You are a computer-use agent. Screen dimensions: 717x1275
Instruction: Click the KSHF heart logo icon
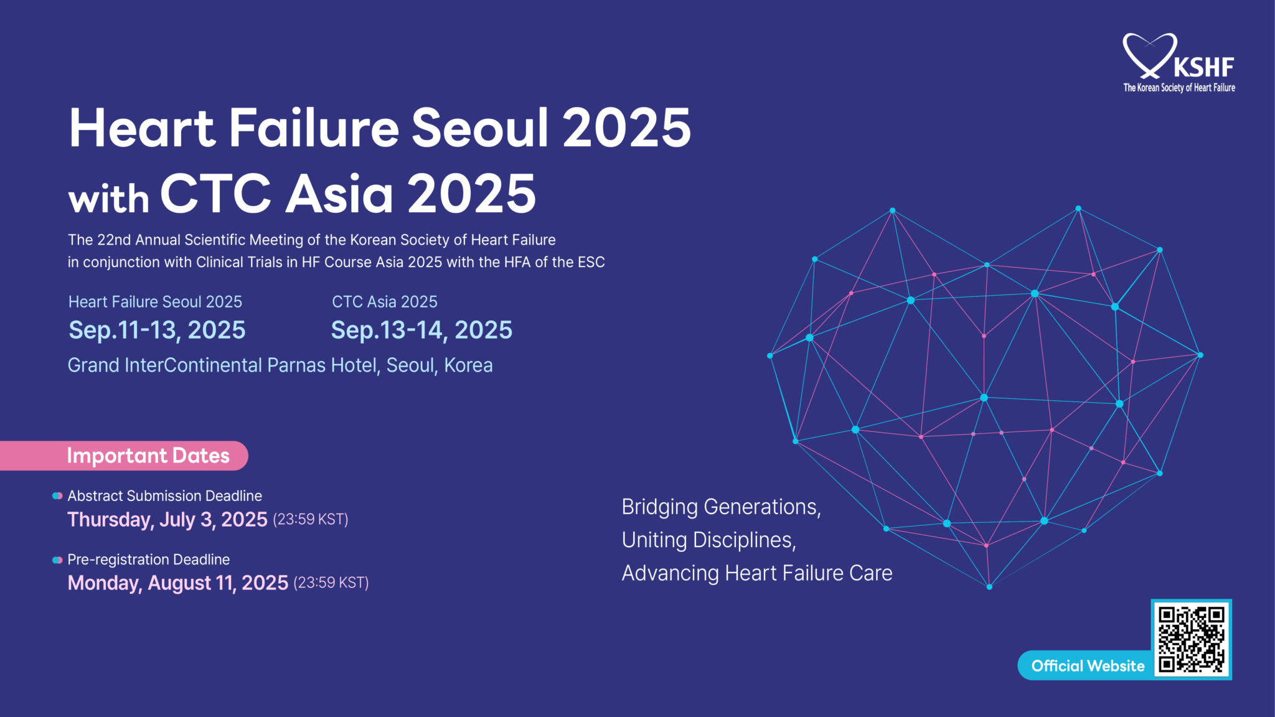(1149, 55)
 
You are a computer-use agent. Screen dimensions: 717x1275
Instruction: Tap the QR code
(1191, 640)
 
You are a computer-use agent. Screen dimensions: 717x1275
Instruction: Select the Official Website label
(1088, 666)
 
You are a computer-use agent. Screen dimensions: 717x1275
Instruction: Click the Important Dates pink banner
(148, 456)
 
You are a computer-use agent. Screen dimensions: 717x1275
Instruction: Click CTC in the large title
(215, 194)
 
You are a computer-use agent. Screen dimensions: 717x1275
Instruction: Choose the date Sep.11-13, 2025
(157, 330)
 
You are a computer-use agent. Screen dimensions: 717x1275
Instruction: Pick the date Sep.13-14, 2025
(421, 330)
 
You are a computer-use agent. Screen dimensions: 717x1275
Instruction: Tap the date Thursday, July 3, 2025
(167, 519)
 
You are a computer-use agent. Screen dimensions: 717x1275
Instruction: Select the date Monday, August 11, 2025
(178, 583)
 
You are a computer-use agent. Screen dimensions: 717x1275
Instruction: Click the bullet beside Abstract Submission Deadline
(57, 496)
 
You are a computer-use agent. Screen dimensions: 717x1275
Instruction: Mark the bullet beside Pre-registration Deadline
(57, 560)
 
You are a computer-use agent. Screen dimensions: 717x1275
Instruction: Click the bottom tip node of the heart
(989, 586)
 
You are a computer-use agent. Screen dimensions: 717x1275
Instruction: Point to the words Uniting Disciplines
(708, 540)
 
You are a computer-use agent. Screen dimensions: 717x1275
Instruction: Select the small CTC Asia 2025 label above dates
(384, 302)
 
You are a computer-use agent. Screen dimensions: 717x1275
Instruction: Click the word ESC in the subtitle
(591, 263)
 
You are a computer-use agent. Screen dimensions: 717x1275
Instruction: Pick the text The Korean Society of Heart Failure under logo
(1179, 88)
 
